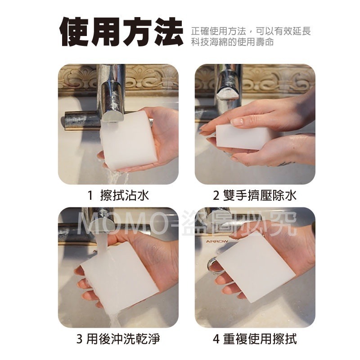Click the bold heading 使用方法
[x=121, y=32]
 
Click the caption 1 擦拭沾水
[x=118, y=196]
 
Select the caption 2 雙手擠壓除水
[x=255, y=196]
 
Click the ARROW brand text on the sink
[x=217, y=241]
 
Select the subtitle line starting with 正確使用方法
[x=251, y=31]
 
